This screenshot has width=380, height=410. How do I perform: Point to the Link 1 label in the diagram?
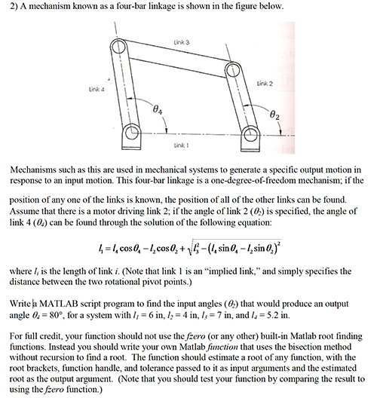coord(181,143)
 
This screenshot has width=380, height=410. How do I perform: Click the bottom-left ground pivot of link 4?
coord(133,136)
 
